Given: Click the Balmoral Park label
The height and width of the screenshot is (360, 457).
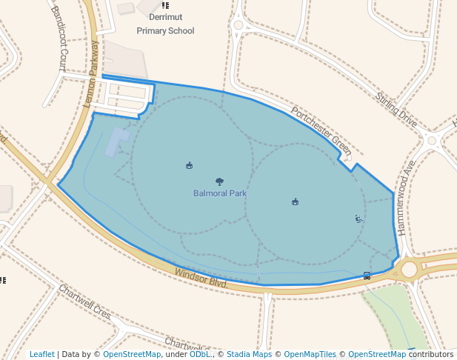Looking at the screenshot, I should (219, 193).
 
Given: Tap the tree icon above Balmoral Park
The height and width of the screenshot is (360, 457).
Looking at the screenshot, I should (219, 181).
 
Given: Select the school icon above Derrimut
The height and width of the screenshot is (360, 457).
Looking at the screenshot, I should (164, 5).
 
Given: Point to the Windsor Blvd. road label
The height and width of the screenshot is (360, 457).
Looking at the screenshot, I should (200, 279).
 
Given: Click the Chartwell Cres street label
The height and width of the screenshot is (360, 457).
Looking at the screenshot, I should (84, 302).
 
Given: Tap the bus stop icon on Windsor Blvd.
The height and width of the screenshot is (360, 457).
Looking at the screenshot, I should (367, 276).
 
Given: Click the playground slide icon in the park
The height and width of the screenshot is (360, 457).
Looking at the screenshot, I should (358, 219).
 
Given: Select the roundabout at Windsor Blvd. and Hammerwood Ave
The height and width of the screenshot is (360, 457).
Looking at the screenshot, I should (409, 269).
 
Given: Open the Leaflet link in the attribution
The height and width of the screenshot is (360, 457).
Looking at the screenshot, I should (42, 354).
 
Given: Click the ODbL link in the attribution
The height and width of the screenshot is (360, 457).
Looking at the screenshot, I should (199, 354).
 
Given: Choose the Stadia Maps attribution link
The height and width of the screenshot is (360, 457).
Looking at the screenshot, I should (249, 354).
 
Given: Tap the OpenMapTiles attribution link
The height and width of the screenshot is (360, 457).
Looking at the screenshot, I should (310, 354).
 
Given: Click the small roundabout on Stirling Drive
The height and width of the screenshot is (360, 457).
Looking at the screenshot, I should (433, 140).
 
